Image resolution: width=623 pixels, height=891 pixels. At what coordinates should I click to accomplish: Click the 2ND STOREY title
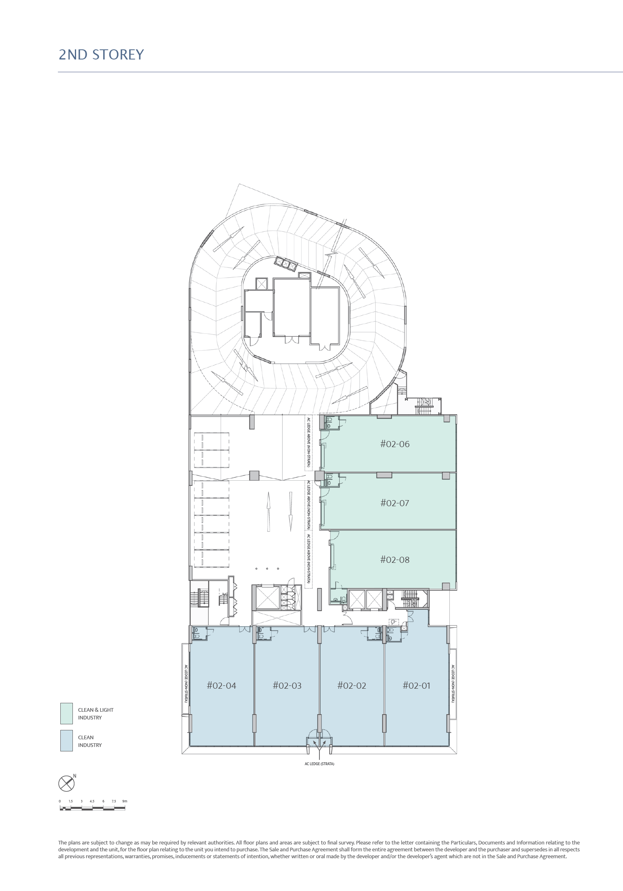pos(101,55)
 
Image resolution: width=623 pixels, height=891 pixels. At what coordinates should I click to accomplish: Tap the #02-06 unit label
pos(395,444)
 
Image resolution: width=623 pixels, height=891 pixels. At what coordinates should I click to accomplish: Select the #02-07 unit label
pos(395,503)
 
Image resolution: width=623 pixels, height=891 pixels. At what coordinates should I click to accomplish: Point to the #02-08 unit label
pos(395,560)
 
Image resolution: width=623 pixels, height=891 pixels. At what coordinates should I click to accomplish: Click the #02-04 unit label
pos(221,685)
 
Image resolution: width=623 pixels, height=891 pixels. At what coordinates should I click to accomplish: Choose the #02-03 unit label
pos(287,685)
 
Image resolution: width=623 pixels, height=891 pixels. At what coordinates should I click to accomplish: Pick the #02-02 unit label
pos(352,685)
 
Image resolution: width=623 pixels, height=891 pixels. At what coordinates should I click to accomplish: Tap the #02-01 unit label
pos(417,685)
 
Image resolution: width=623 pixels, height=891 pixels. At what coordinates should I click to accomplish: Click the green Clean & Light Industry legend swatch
pos(66,713)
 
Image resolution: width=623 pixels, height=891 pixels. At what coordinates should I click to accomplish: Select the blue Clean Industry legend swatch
pos(66,740)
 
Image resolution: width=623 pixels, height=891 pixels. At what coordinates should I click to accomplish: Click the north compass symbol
pos(67,783)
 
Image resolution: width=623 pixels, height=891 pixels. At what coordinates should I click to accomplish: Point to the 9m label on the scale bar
pos(125,801)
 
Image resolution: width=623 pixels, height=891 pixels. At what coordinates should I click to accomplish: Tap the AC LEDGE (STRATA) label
pos(319,764)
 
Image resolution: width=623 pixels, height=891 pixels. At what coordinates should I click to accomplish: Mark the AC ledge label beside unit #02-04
pos(186,683)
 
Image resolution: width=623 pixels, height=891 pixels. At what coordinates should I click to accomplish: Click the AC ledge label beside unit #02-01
pos(453,683)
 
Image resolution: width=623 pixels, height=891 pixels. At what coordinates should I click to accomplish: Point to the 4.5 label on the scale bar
pos(92,801)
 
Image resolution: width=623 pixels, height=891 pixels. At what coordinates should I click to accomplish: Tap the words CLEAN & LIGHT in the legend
pos(96,710)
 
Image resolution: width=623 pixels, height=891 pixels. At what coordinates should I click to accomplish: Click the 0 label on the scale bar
pos(60,801)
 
